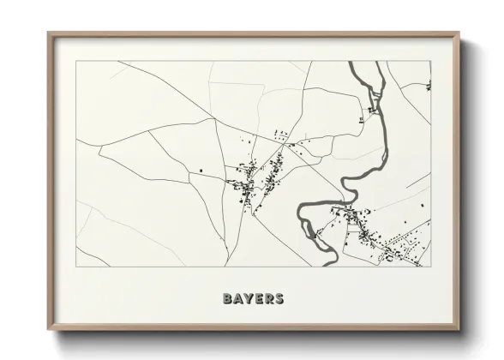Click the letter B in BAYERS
click(x=228, y=299)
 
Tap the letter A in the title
click(x=239, y=299)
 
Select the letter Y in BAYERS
click(x=250, y=299)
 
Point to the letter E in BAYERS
click(x=261, y=299)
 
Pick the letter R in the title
click(x=270, y=299)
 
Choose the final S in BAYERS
click(x=280, y=299)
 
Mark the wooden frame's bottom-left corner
click(x=49, y=330)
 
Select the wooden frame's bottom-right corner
click(x=459, y=330)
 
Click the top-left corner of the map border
click(x=76, y=61)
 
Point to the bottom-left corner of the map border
click(x=76, y=267)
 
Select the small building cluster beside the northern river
click(x=373, y=110)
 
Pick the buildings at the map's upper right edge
click(x=428, y=85)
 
